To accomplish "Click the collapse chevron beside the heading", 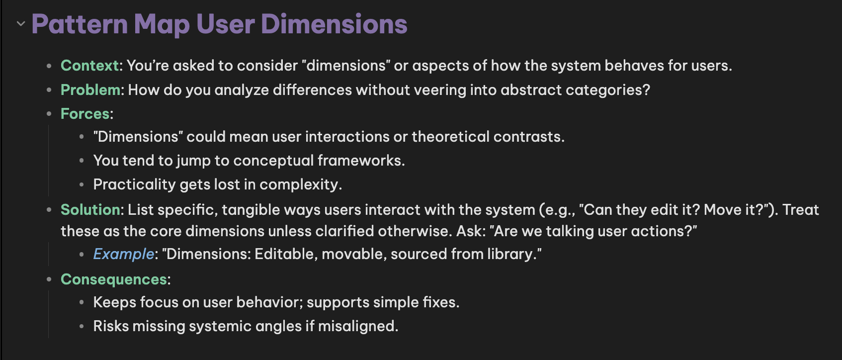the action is tap(21, 24).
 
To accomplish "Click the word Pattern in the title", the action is tap(80, 24).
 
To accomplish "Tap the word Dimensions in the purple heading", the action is tap(334, 24).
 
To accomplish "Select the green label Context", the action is tap(90, 66).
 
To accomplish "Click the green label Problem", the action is tap(90, 90).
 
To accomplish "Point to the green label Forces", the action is tap(85, 113).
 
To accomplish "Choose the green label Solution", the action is tap(90, 209).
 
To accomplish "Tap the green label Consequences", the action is tap(113, 279).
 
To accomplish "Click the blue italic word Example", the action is tap(124, 254).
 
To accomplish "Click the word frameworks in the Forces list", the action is tap(361, 161).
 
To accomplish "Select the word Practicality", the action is tap(134, 184).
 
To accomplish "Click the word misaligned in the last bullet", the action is tap(358, 326).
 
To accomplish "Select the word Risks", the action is tap(111, 326).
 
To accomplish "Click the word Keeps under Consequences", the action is tap(115, 302).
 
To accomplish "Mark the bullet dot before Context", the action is tap(49, 66).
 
